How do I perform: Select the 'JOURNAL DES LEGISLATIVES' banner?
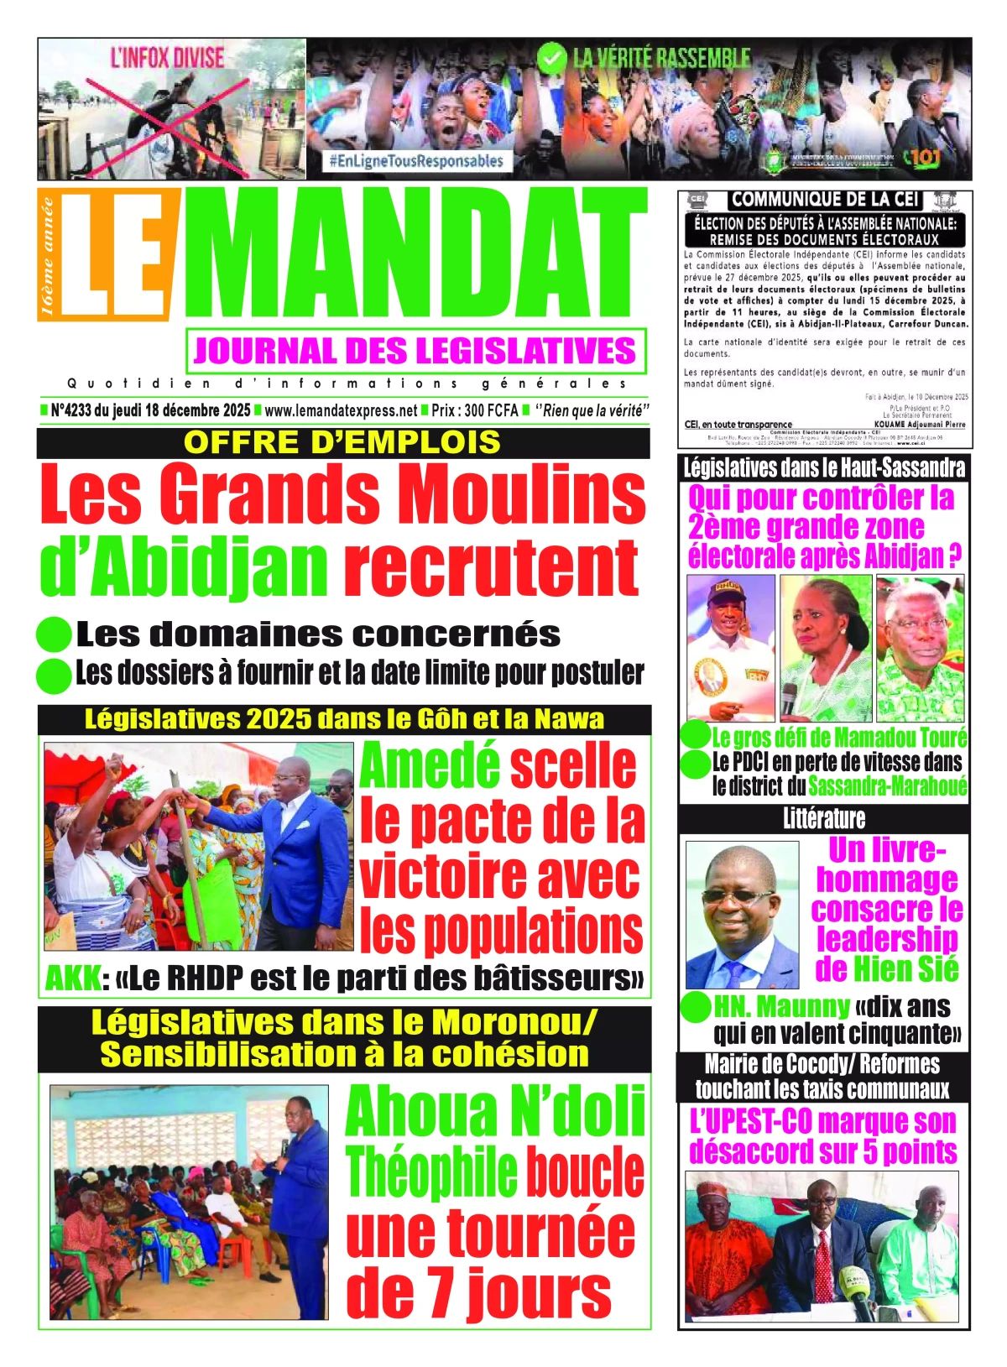(415, 351)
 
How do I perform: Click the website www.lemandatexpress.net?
(341, 410)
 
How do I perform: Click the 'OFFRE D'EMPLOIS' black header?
(342, 442)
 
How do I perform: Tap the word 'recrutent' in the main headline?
(491, 568)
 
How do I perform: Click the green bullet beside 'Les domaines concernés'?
(55, 635)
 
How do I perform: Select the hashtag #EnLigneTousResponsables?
(415, 161)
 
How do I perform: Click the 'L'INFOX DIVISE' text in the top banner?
(168, 59)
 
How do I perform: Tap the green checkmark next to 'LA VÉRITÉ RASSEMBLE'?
(551, 58)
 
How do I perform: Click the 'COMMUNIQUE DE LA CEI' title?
(824, 200)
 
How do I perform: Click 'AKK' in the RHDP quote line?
(72, 978)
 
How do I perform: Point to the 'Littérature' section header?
(823, 818)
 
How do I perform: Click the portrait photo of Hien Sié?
(743, 915)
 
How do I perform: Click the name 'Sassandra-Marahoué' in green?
(887, 786)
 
